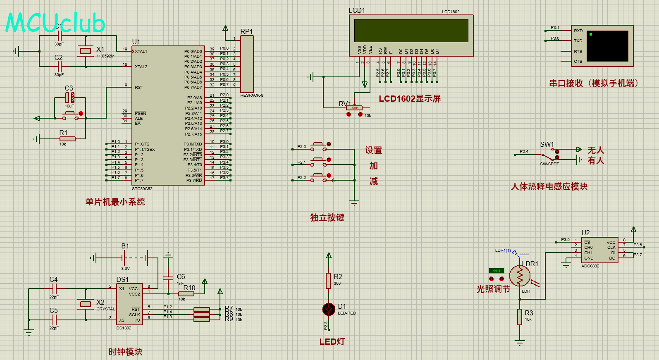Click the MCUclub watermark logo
[55, 23]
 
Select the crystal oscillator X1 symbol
[86, 51]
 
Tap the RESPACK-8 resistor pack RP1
[247, 64]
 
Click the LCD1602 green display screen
[411, 30]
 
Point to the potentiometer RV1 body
[354, 108]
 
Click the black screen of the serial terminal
[607, 46]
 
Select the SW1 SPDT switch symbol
[549, 155]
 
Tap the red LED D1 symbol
[329, 309]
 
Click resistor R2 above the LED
[329, 280]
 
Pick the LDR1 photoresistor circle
[520, 276]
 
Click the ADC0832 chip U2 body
[599, 250]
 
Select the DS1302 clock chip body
[129, 304]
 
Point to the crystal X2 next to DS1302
[86, 304]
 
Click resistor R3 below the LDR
[520, 317]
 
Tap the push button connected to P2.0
[318, 145]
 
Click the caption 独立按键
[327, 218]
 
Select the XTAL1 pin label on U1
[141, 52]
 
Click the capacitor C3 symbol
[70, 98]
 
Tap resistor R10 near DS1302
[186, 294]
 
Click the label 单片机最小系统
[115, 202]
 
